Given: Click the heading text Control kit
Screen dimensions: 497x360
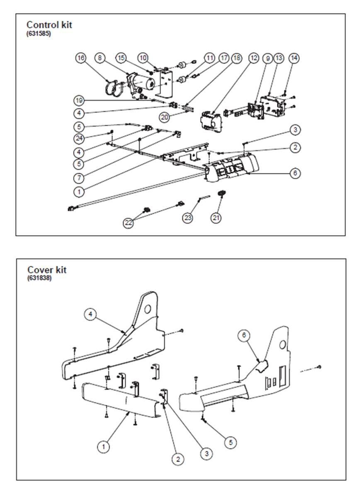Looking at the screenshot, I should click(49, 25).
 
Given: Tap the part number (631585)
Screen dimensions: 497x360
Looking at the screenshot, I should click(39, 34).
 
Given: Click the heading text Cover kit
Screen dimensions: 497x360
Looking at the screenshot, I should click(47, 270).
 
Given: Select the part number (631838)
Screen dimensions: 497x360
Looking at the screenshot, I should click(39, 278).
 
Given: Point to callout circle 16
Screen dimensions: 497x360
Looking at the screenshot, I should click(80, 58).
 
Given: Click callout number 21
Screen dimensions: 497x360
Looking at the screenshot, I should click(216, 217).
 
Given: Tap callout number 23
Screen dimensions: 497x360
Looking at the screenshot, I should click(188, 217).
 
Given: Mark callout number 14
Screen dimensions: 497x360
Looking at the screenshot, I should click(294, 58).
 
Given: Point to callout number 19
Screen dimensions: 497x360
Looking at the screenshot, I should click(80, 100).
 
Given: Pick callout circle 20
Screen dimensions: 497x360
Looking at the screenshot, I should click(165, 117).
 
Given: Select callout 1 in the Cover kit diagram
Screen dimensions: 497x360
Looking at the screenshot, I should click(103, 447).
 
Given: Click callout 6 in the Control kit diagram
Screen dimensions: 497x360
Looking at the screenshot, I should click(294, 173).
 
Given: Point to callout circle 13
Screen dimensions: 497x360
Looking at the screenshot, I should click(278, 58).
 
